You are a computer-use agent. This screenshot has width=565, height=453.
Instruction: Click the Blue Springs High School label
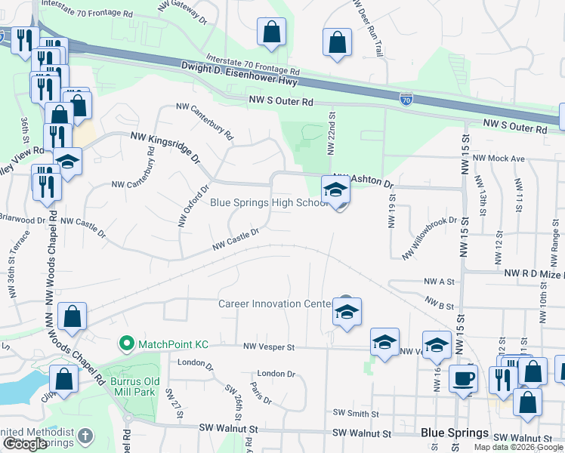tap(268, 202)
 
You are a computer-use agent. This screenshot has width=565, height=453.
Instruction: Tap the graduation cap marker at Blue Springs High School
tap(335, 190)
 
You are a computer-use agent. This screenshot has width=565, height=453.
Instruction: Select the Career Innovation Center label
tap(275, 304)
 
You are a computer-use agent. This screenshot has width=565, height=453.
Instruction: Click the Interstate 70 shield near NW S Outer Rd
tap(406, 97)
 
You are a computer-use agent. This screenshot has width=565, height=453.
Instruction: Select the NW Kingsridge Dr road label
tap(165, 149)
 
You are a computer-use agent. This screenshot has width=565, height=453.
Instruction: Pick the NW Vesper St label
tap(268, 347)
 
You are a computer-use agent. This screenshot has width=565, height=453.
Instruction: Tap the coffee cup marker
tap(462, 378)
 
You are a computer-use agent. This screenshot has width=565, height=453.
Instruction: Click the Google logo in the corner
tap(24, 444)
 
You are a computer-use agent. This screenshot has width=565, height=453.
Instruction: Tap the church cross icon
tap(86, 435)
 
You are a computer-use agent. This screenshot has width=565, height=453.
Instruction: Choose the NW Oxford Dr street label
tap(193, 206)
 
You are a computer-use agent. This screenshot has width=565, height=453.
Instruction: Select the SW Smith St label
tap(356, 413)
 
